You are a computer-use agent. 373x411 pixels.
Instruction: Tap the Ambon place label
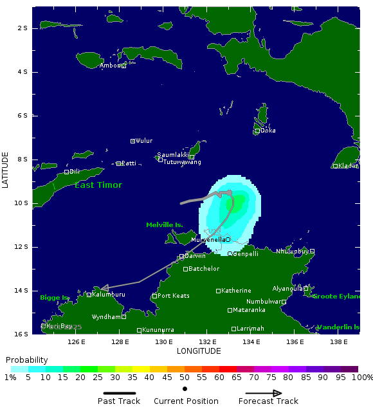pos(110,66)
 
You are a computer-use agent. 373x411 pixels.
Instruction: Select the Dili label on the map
pos(74,172)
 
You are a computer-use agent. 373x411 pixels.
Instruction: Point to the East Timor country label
pos(98,185)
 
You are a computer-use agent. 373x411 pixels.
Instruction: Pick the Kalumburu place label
pos(108,295)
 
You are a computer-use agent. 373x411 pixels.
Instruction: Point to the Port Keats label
pos(173,296)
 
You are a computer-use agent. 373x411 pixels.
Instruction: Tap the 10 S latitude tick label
pos(22,203)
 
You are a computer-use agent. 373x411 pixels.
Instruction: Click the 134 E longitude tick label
pos(251,342)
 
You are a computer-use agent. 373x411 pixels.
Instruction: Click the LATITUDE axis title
pos(6,170)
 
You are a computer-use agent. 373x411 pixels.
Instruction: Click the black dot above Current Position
pos(185,388)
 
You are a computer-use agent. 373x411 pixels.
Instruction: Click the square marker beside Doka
pos(257,131)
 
